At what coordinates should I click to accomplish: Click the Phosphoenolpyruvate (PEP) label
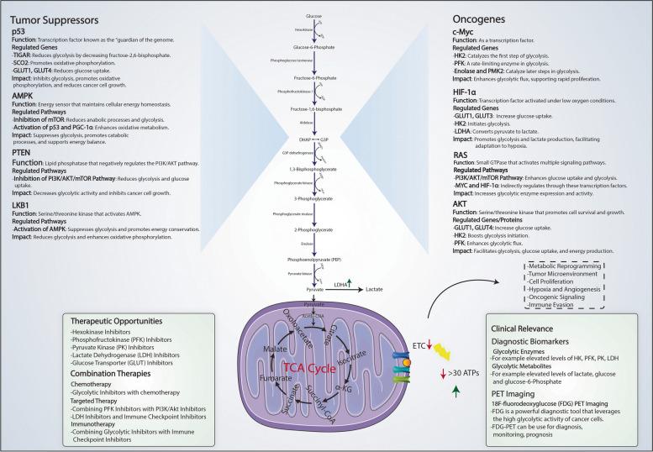point(324,262)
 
